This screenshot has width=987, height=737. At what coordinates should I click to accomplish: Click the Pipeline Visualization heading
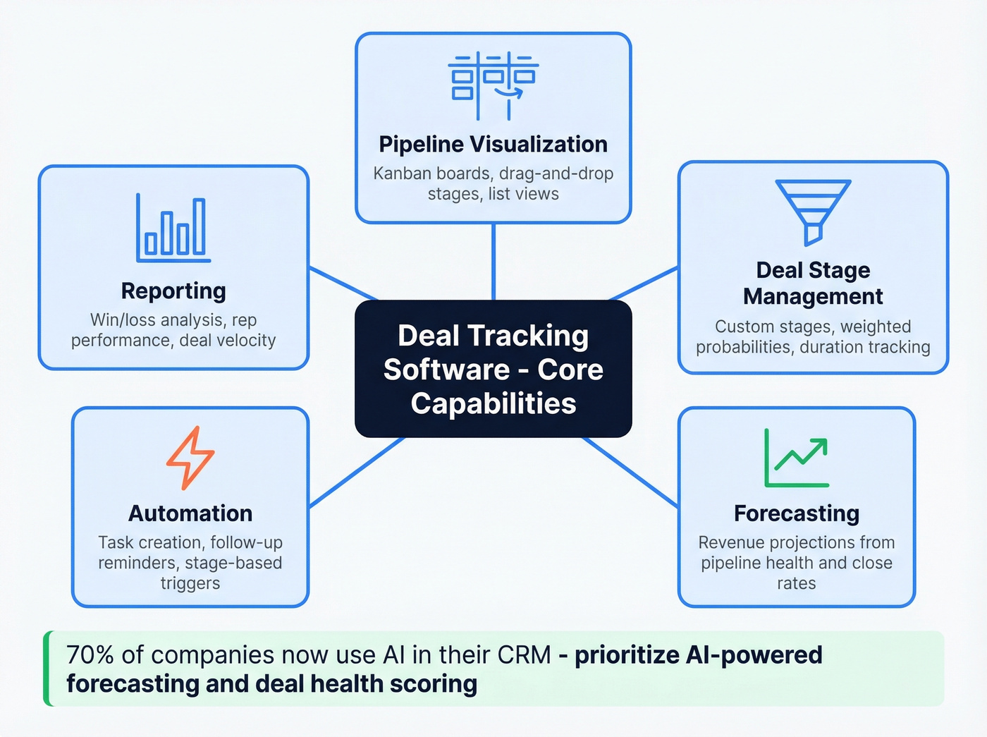tap(493, 144)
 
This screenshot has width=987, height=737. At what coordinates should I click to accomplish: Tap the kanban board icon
tap(493, 85)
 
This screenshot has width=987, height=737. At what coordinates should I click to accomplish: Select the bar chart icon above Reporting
tap(173, 228)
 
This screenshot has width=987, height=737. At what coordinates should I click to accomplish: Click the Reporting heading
tap(173, 291)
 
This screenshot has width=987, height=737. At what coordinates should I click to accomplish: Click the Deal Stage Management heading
tap(813, 283)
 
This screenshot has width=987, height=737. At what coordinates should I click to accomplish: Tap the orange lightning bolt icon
tap(190, 458)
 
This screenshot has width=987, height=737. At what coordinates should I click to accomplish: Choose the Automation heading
tap(190, 513)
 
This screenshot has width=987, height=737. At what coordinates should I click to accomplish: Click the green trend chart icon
tap(797, 458)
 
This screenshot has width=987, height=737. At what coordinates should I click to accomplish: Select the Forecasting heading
tap(797, 513)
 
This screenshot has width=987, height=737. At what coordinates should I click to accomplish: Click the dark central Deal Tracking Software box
tap(493, 369)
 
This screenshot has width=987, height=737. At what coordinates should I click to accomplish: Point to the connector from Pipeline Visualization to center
tap(493, 261)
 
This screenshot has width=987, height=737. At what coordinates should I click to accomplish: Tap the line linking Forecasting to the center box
tap(630, 472)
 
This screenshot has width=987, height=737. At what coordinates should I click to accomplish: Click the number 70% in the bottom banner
tap(90, 655)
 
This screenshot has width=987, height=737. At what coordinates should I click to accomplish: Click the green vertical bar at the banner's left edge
tap(47, 669)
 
